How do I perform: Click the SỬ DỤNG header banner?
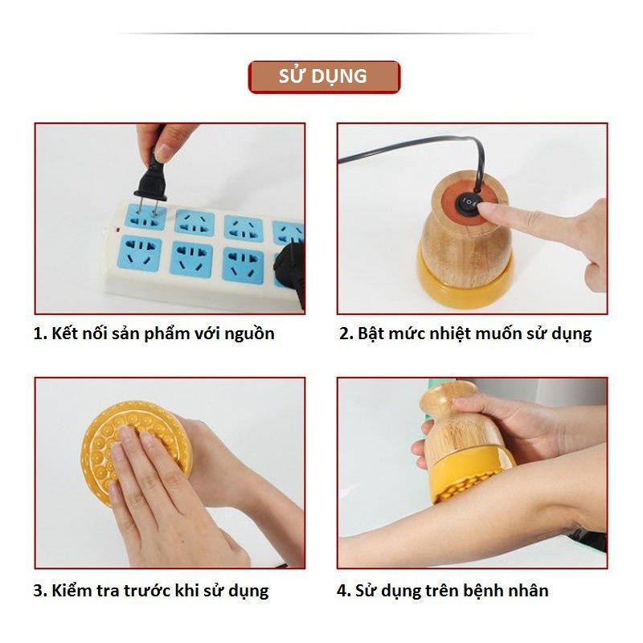coord(323,77)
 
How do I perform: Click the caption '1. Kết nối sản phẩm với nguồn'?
coord(154,334)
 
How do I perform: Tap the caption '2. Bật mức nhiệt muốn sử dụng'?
coord(465,334)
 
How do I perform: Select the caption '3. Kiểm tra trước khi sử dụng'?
coord(151,591)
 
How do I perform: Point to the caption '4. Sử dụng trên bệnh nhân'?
coord(443,591)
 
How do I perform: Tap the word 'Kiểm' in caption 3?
coord(73,591)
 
